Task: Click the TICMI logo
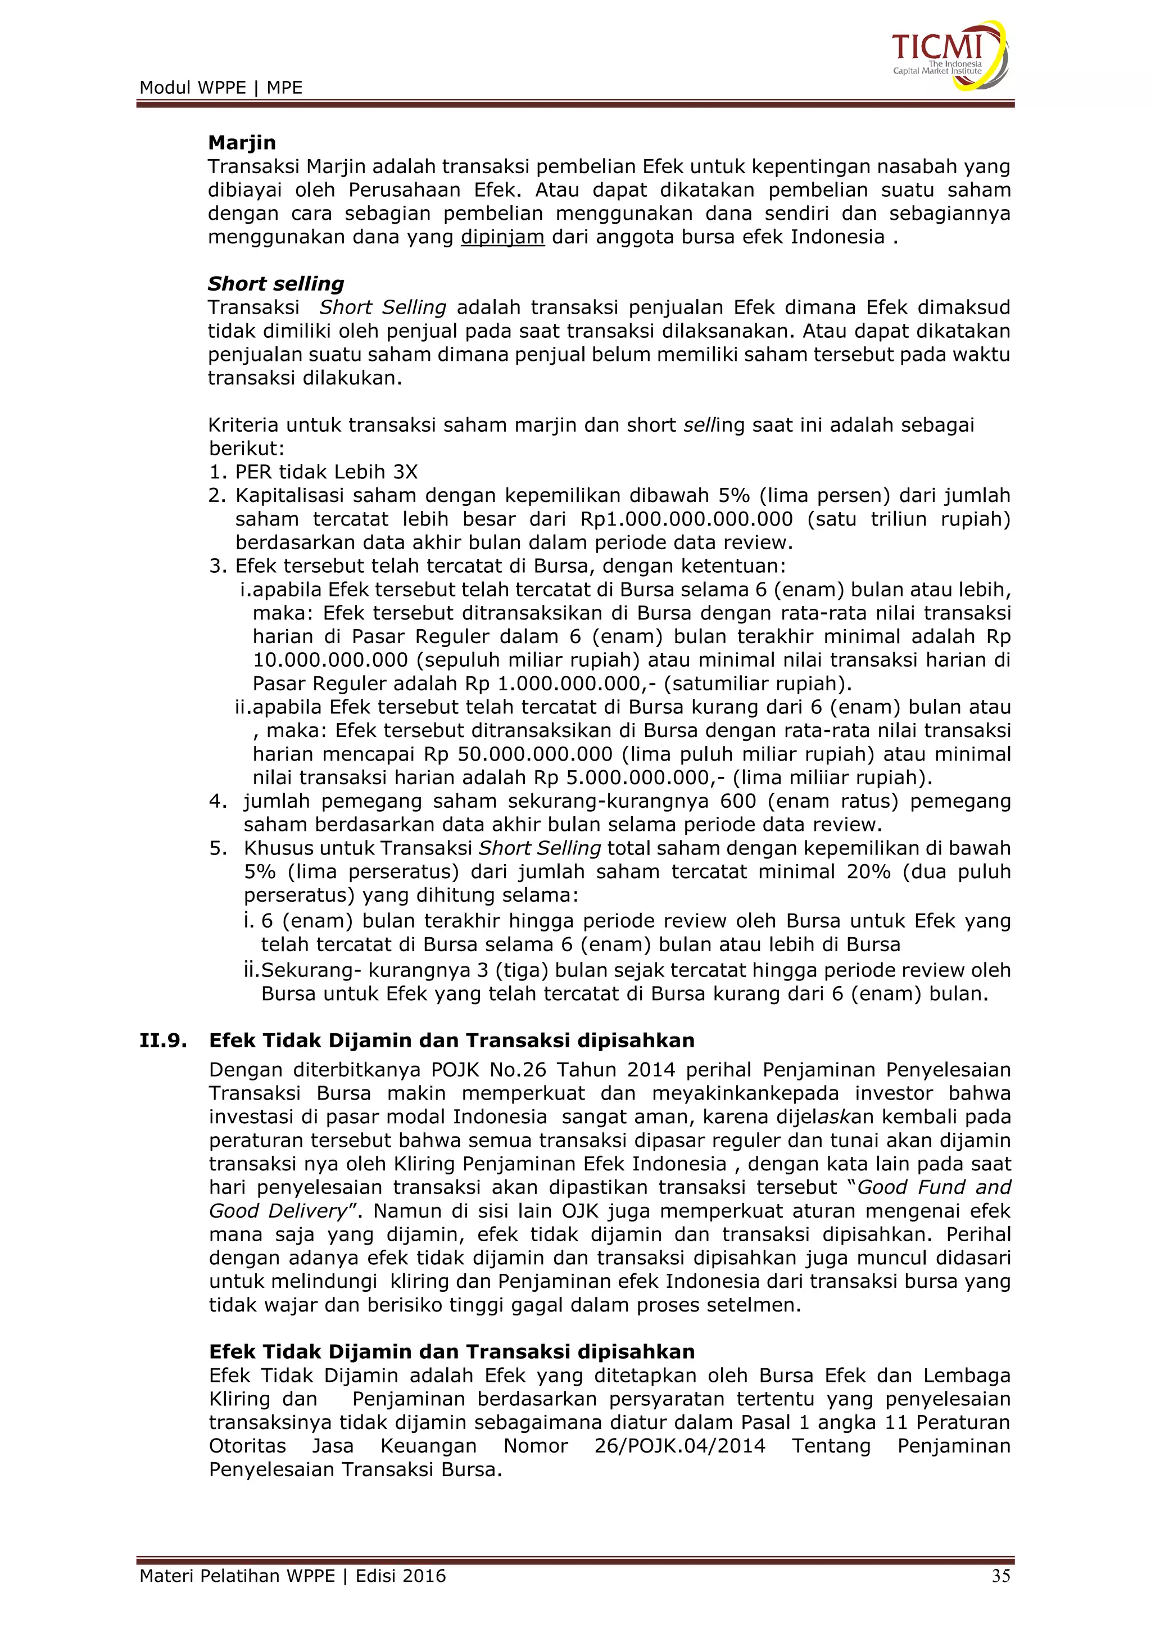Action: pos(948,55)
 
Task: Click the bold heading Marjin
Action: pos(242,143)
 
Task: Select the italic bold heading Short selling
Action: pos(276,284)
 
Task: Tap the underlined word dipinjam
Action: pos(502,237)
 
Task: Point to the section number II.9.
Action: pos(163,1040)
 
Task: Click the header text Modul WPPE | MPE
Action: pos(220,88)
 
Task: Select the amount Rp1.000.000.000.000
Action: pos(686,519)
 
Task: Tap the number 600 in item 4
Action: pos(738,801)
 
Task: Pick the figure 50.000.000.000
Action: pos(534,754)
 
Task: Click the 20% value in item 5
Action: pos(868,871)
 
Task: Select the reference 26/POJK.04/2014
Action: pos(679,1446)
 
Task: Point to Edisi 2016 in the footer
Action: pos(401,1576)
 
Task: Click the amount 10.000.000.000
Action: pos(330,660)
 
